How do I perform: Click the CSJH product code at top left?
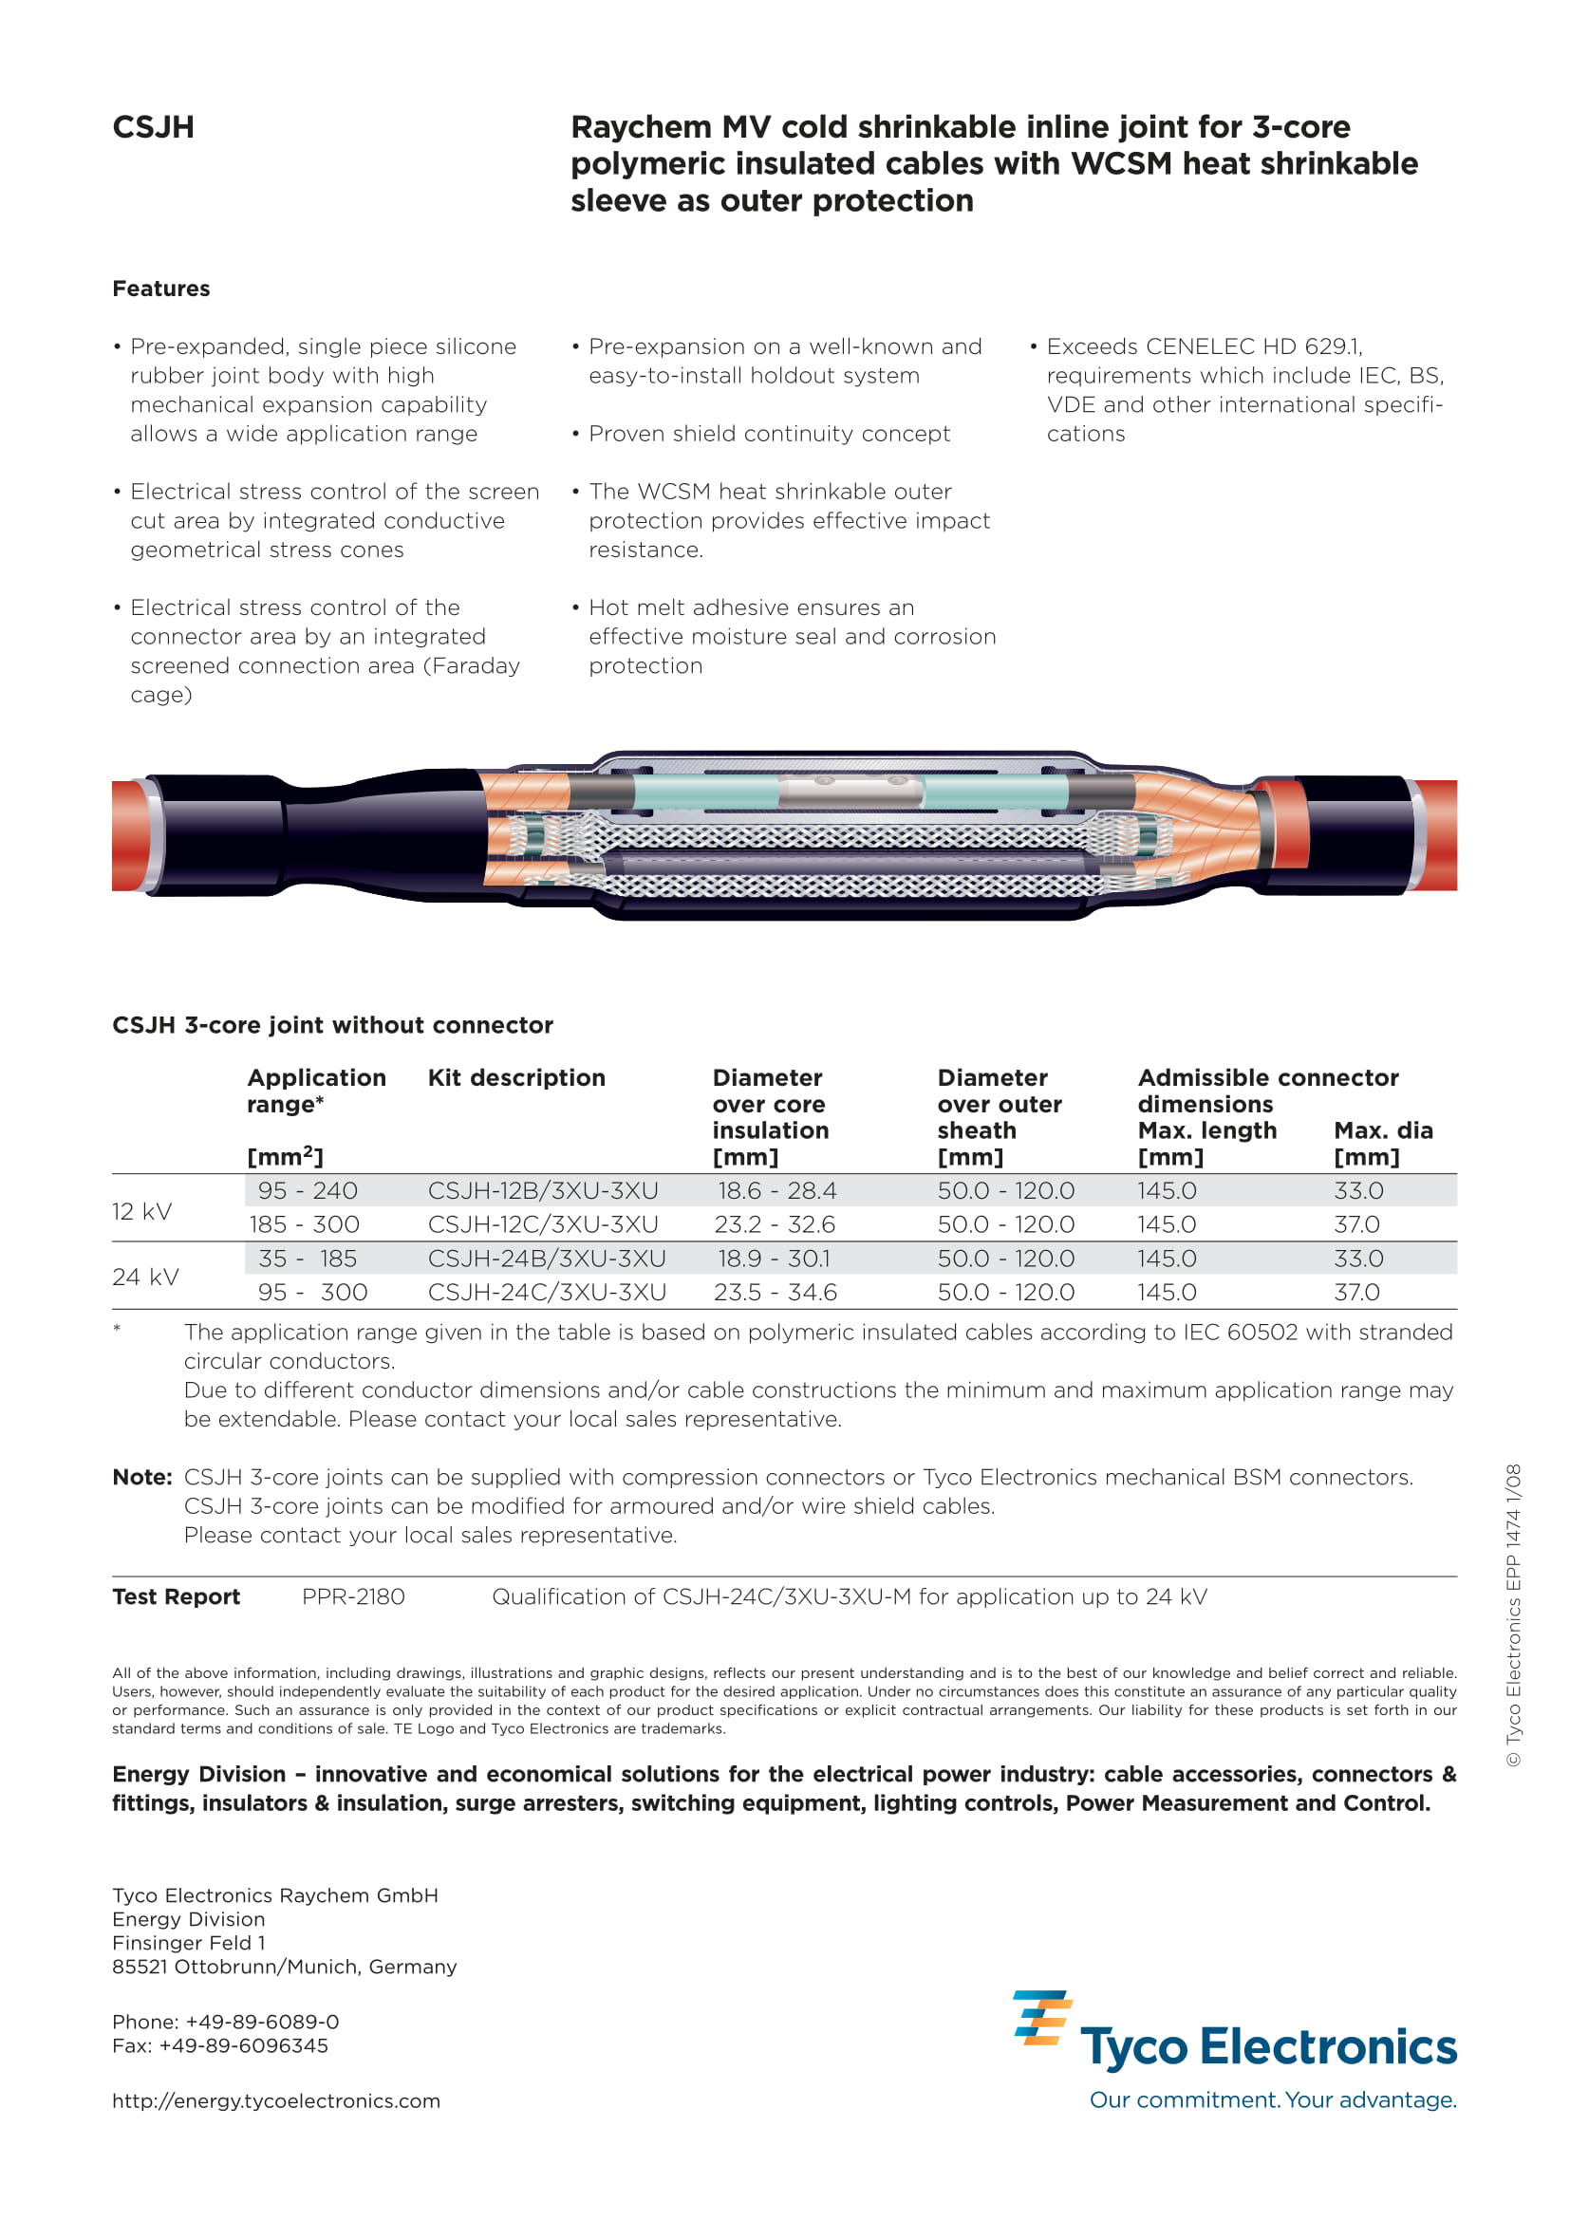(x=153, y=127)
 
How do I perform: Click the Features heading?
(x=160, y=289)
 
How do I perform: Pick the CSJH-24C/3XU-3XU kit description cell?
(x=546, y=1292)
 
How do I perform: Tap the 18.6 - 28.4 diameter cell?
(x=776, y=1190)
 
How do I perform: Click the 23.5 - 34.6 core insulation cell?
(x=776, y=1292)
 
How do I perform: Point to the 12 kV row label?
(x=142, y=1211)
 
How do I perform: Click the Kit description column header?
(x=516, y=1077)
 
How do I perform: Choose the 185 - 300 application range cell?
(x=304, y=1224)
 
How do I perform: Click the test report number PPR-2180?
(x=353, y=1596)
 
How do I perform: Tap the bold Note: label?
(x=142, y=1477)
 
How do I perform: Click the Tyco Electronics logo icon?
(x=1041, y=2018)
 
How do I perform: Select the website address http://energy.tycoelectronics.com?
(x=275, y=2100)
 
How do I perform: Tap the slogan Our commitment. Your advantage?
(x=1272, y=2099)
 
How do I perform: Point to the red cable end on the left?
(x=128, y=835)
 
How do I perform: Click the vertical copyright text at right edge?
(x=1513, y=1614)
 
